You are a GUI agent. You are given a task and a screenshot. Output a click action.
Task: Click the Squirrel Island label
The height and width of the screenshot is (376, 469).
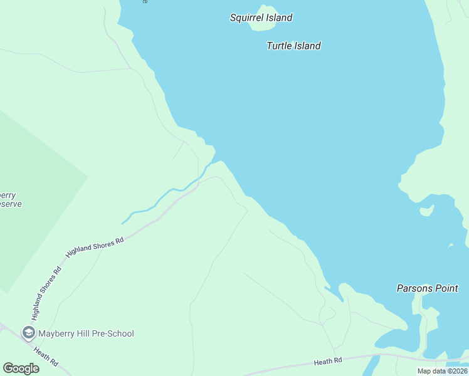click(x=261, y=18)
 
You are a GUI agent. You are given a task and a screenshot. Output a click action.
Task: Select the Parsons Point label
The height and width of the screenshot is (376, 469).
click(x=428, y=288)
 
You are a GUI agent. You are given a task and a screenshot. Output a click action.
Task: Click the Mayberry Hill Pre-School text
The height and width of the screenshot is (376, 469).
click(x=86, y=333)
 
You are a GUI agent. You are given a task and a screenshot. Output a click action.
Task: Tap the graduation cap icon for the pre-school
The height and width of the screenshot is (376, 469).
click(x=28, y=333)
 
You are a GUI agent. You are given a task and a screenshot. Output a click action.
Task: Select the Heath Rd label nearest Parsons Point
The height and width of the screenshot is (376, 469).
click(x=329, y=361)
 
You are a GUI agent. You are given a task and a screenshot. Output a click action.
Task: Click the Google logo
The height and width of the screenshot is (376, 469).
click(x=21, y=368)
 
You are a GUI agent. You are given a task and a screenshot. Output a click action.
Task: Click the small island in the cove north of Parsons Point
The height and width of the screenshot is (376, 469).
click(x=426, y=211)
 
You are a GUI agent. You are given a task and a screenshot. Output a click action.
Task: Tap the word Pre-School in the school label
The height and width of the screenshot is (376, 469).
click(x=112, y=333)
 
